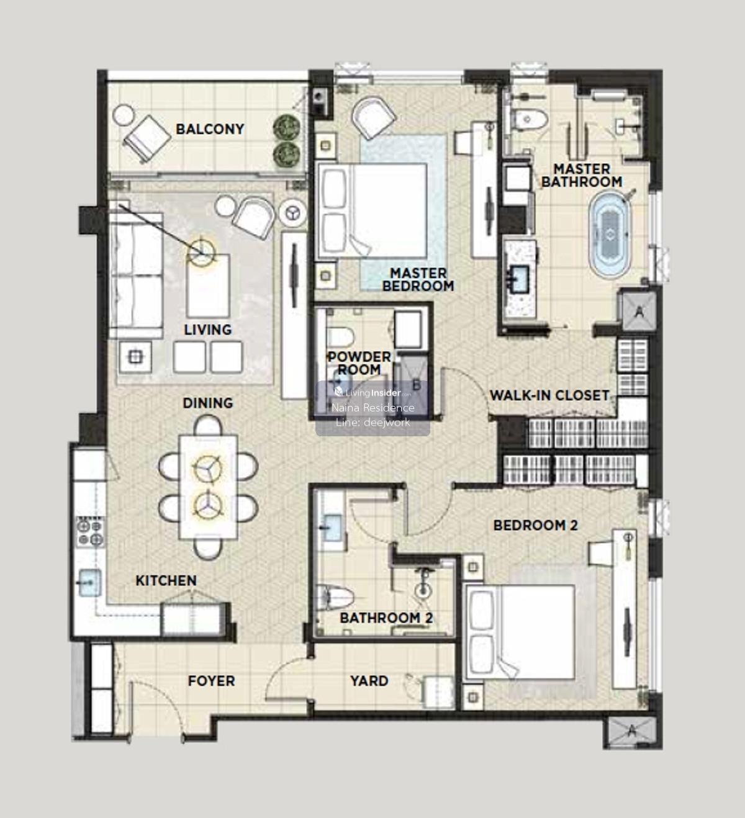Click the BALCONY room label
210,129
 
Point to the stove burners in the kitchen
90,532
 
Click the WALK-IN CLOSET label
549,395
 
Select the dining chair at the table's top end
208,425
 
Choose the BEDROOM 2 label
535,525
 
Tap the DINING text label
208,403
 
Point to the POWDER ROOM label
359,363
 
